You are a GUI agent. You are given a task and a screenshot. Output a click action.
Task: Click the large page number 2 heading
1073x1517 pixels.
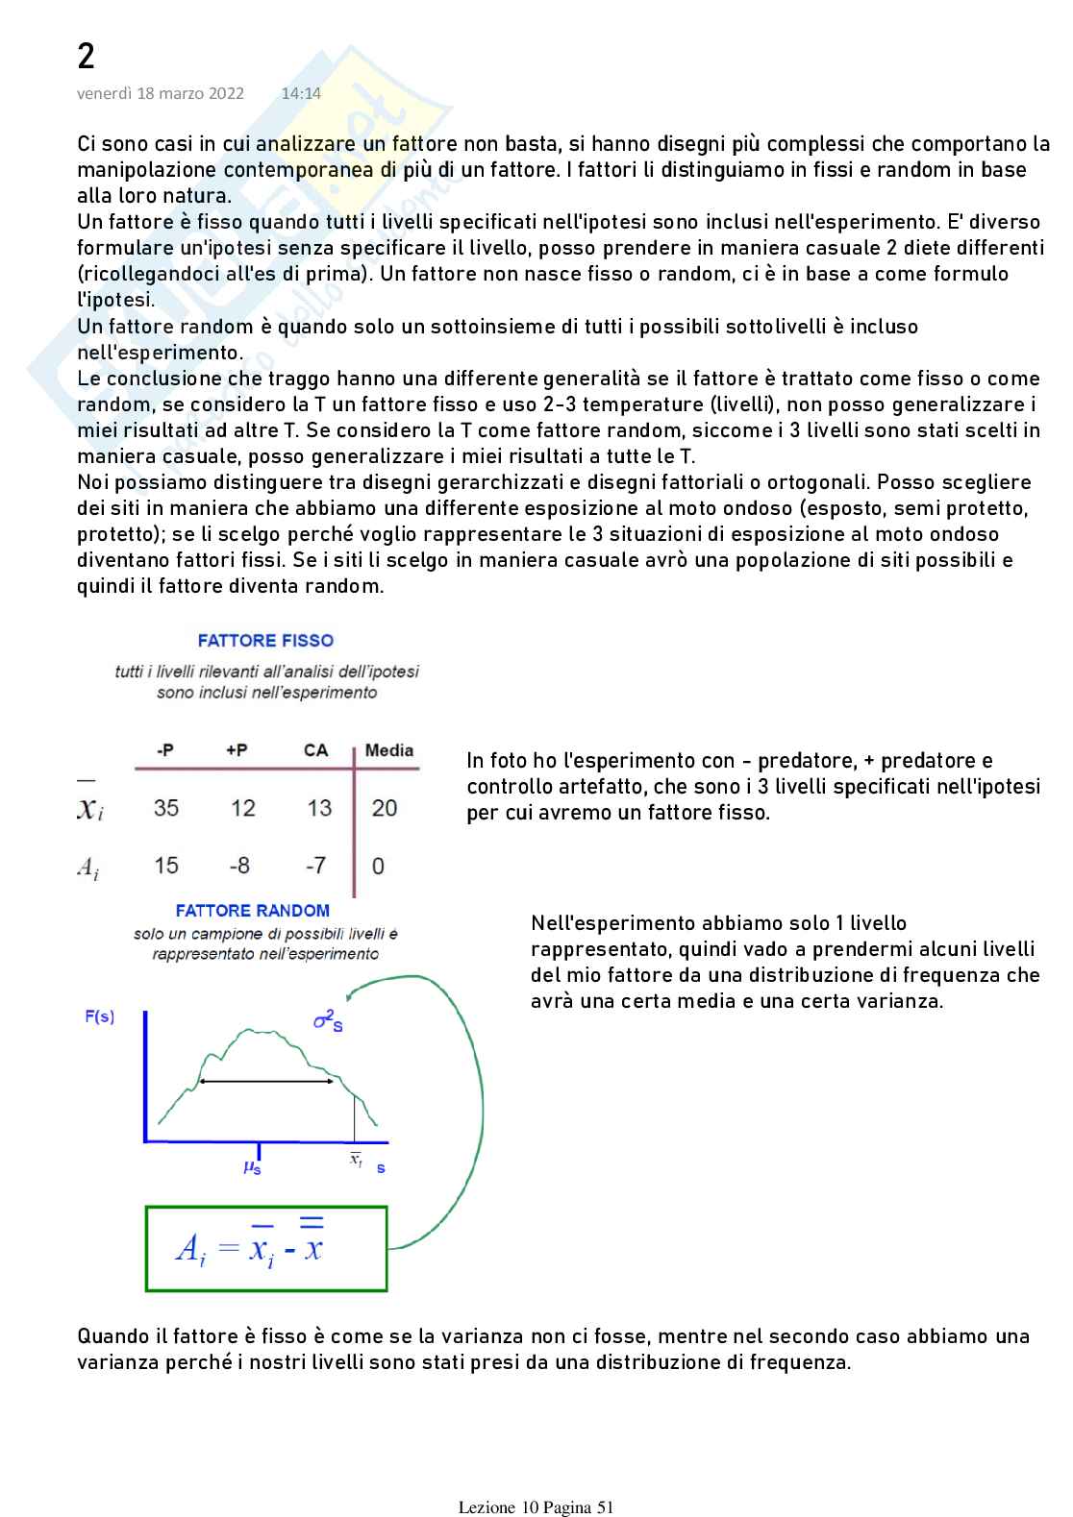pyautogui.click(x=86, y=58)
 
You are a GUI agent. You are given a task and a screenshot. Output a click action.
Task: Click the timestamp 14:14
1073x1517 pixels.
pyautogui.click(x=301, y=93)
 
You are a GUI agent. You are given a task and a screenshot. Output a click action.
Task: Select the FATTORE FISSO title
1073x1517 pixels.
pyautogui.click(x=265, y=641)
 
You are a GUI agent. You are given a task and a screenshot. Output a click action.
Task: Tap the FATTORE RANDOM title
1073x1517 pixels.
pyautogui.click(x=253, y=911)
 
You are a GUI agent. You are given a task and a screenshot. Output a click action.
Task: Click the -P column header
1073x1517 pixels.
pyautogui.click(x=165, y=751)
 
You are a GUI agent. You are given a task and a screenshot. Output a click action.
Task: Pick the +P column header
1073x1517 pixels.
pyautogui.click(x=237, y=751)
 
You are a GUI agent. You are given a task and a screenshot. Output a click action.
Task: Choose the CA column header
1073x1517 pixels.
pyautogui.click(x=315, y=751)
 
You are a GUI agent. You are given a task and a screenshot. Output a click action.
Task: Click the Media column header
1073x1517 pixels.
pyautogui.click(x=388, y=751)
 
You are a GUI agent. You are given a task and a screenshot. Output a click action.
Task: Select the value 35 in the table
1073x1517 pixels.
pyautogui.click(x=166, y=808)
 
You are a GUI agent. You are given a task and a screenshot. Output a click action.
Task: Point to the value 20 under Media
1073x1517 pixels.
pyautogui.click(x=385, y=808)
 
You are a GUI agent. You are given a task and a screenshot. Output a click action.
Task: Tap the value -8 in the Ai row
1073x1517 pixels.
pyautogui.click(x=239, y=866)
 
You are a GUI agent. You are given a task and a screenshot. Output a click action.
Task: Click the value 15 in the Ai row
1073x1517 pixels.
pyautogui.click(x=166, y=866)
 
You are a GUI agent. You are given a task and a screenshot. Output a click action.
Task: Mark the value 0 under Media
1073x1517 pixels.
pyautogui.click(x=379, y=867)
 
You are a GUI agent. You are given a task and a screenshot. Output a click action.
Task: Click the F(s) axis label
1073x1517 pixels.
pyautogui.click(x=100, y=1016)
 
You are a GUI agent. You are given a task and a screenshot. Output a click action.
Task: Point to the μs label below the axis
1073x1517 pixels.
pyautogui.click(x=253, y=1168)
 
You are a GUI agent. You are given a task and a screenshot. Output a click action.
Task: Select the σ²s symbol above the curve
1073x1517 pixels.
pyautogui.click(x=329, y=1021)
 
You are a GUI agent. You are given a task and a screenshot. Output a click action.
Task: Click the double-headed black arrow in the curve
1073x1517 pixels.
pyautogui.click(x=267, y=1082)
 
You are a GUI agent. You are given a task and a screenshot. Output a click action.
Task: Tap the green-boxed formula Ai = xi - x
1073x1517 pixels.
pyautogui.click(x=266, y=1248)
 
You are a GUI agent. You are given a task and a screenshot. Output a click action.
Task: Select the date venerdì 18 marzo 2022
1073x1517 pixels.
pyautogui.click(x=161, y=93)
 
